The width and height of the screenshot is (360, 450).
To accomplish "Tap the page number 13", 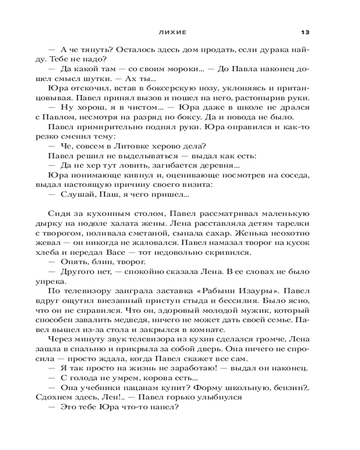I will (x=306, y=32).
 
